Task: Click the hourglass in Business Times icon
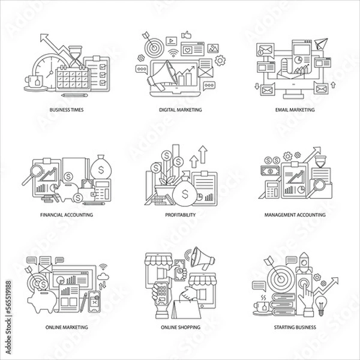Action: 76,56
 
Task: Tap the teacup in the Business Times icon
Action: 34,82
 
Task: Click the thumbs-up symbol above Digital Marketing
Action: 186,35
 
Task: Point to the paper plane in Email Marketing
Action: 321,43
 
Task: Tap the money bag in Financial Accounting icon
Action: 101,167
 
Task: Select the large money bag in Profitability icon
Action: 185,191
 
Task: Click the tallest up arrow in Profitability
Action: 203,154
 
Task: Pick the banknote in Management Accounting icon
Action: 270,170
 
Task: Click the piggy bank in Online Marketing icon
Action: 42,301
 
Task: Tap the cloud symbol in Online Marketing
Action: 103,277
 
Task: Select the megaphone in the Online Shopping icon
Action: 203,258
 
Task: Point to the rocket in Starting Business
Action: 304,262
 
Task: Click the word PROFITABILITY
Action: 181,215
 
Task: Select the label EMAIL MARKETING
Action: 295,110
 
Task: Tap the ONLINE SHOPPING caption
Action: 181,327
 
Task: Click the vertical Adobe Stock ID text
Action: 8,317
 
